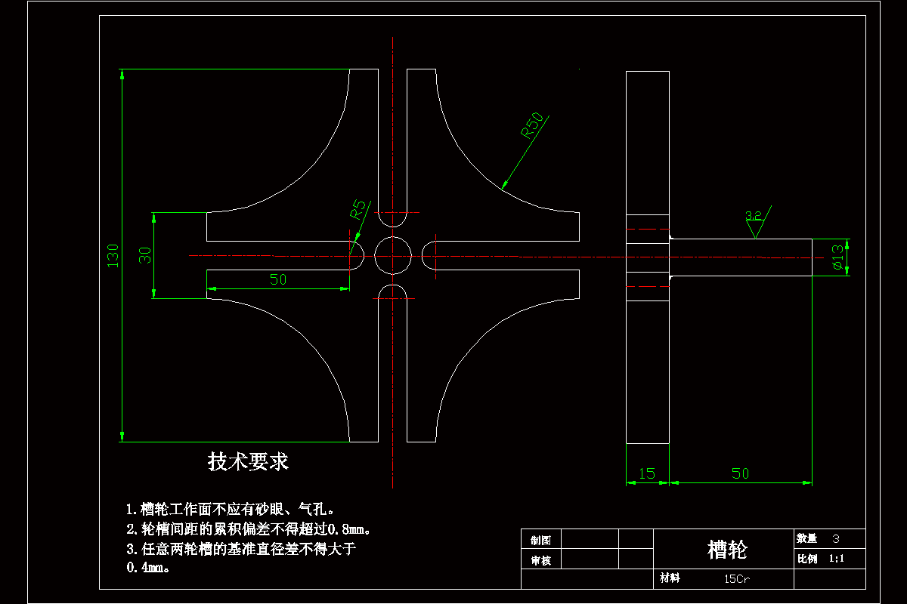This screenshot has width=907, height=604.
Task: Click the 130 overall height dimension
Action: pos(113,255)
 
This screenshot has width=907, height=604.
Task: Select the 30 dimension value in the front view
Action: pos(146,255)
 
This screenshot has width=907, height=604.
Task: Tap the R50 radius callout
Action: pos(532,125)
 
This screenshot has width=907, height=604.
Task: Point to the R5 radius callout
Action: pos(358,208)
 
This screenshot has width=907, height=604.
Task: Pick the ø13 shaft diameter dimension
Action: pos(837,257)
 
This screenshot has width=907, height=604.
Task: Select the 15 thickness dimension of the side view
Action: pos(647,473)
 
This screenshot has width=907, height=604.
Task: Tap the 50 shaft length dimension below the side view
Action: pos(740,473)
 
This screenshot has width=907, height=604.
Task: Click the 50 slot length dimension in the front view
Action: pos(278,279)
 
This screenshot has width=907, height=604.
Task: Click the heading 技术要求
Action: pos(248,461)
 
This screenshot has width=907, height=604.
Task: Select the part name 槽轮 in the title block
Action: pos(726,549)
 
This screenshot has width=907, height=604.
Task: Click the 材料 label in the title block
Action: pos(670,578)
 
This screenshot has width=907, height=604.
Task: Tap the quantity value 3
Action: pos(835,539)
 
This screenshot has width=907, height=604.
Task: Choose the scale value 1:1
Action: pos(836,559)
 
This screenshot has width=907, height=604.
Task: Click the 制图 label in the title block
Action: pos(541,540)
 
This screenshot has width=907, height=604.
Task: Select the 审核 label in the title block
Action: pos(541,560)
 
